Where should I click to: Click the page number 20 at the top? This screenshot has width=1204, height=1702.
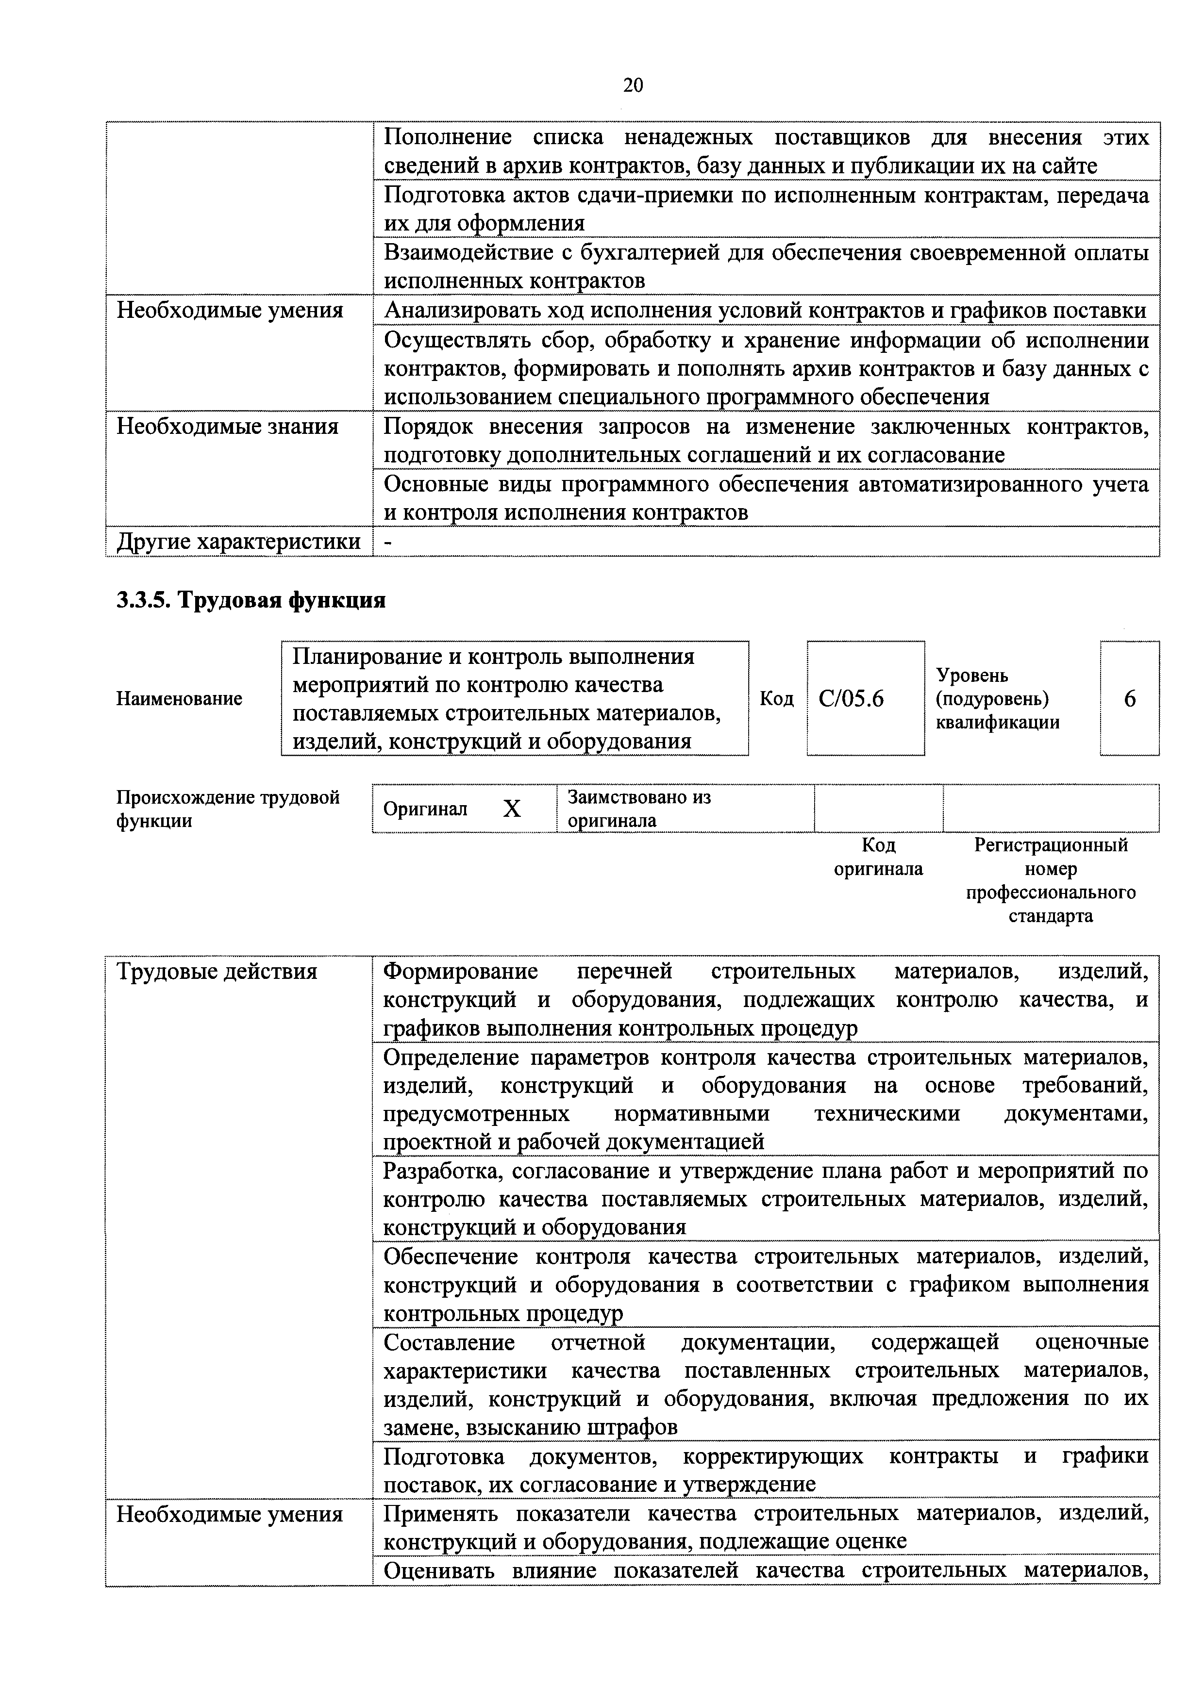[x=633, y=85]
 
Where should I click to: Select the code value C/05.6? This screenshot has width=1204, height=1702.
[x=851, y=698]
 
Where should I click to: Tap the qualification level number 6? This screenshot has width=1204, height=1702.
[x=1129, y=698]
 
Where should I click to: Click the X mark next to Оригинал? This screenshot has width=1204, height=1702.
[x=512, y=809]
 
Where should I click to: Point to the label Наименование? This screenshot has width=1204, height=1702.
[x=180, y=698]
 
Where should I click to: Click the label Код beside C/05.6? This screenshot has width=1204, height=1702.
[x=776, y=698]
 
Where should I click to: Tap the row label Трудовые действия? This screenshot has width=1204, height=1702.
[x=217, y=971]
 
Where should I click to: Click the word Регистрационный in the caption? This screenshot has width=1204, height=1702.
[x=1051, y=844]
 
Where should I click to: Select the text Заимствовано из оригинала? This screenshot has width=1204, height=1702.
[x=638, y=809]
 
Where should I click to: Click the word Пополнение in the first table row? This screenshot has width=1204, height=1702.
[x=447, y=137]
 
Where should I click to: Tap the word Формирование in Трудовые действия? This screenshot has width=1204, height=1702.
[x=460, y=971]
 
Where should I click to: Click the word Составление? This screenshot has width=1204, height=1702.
[x=449, y=1342]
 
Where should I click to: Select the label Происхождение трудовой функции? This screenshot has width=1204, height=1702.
[x=228, y=809]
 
